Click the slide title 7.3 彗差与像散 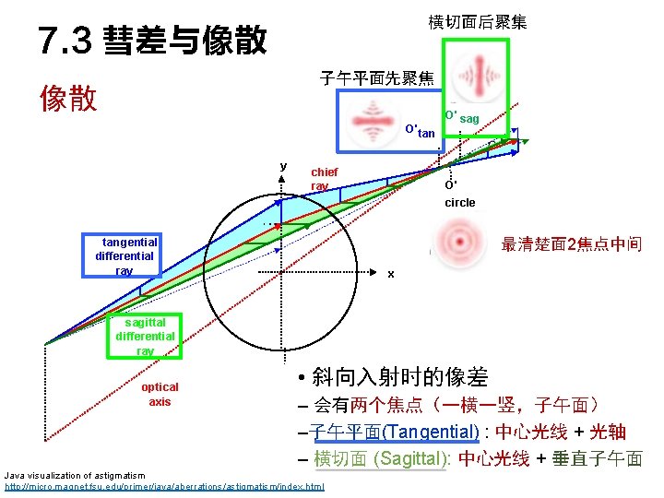pyautogui.click(x=153, y=40)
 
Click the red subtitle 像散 pyautogui.click(x=68, y=99)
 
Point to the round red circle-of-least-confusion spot pyautogui.click(x=458, y=243)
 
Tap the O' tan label pyautogui.click(x=420, y=130)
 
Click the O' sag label pyautogui.click(x=461, y=116)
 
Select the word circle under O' pyautogui.click(x=460, y=202)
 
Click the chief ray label pyautogui.click(x=324, y=179)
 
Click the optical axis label pyautogui.click(x=160, y=394)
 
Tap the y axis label pyautogui.click(x=283, y=166)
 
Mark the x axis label pyautogui.click(x=391, y=274)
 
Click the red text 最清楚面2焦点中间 pyautogui.click(x=571, y=244)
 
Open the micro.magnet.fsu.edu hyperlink pyautogui.click(x=165, y=486)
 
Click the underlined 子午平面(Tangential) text pyautogui.click(x=394, y=432)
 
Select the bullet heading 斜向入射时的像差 pyautogui.click(x=400, y=376)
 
